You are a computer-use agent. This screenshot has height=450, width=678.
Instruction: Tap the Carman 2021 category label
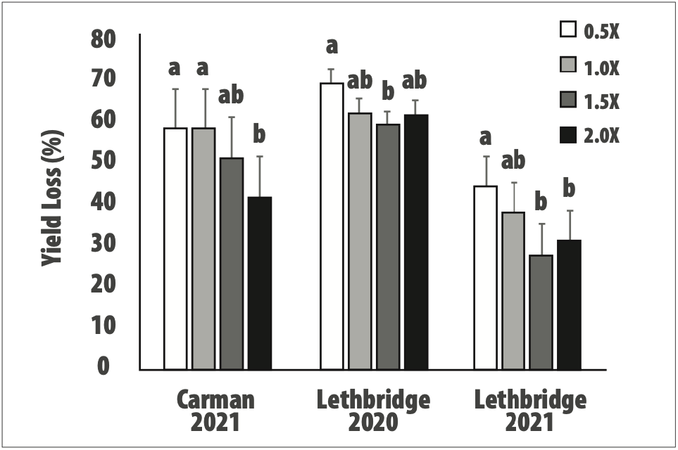pos(215,412)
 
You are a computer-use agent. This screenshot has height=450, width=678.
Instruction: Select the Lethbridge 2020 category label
pos(373,412)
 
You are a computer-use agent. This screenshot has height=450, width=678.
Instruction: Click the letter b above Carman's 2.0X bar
pos(259,134)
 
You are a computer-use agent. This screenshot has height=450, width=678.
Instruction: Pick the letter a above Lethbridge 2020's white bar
pos(332,46)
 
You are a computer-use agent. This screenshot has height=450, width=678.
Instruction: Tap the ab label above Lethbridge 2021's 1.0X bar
pos(513,160)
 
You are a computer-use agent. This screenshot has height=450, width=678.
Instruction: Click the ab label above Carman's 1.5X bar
pos(232,96)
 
